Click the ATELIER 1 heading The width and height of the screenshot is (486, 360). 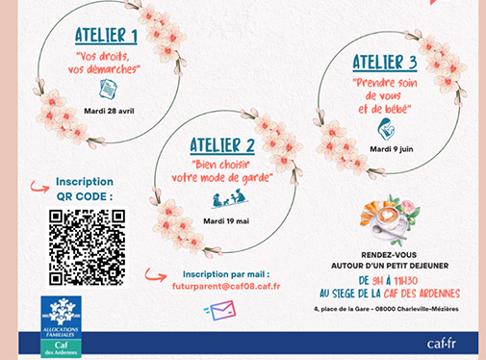point(106,36)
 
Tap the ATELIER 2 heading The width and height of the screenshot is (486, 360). point(222,145)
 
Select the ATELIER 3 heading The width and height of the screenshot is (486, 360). point(385,63)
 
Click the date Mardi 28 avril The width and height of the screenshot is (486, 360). point(109,111)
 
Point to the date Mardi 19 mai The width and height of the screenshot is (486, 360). point(226,221)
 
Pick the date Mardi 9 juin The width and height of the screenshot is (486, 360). point(392,149)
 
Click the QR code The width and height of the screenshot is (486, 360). point(87,247)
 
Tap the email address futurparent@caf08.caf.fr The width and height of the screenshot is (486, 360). point(226,286)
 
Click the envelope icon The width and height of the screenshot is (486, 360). point(220,310)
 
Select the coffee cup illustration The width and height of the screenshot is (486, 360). point(390,219)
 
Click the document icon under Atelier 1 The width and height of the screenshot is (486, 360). point(108,90)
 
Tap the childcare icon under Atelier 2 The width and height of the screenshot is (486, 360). point(230,198)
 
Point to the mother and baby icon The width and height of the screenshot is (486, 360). point(386,129)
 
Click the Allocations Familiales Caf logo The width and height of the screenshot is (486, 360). point(61,326)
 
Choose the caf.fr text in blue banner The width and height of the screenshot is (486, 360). point(442,344)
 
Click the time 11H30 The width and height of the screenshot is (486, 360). point(405,281)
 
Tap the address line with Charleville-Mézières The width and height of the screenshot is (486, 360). point(386,309)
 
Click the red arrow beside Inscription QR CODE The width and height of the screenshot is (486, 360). point(39,187)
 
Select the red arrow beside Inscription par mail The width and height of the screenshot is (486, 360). point(156,275)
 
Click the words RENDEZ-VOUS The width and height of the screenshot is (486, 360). point(389,255)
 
